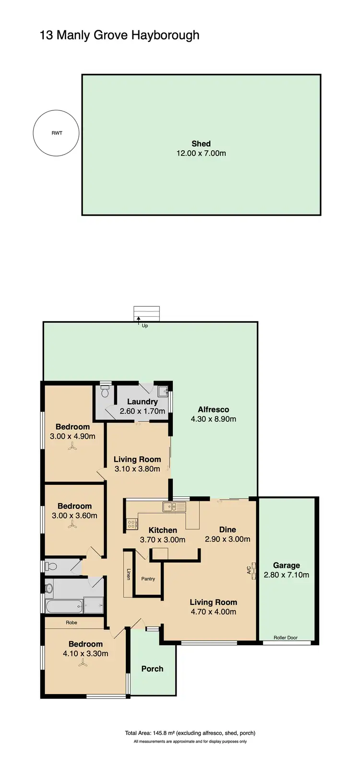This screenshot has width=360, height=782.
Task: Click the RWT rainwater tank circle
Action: pos(56,133)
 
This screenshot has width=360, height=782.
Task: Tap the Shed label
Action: pos(201,144)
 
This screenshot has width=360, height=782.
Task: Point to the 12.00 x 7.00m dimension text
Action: pos(201,154)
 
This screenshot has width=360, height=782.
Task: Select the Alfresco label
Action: pos(213,409)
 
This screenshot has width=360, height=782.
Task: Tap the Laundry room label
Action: pos(142,402)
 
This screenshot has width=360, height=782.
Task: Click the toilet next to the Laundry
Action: pos(106,392)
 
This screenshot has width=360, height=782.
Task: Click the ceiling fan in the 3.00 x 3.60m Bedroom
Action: pos(72,526)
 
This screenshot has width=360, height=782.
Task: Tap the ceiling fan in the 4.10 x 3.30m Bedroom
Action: pos(83,664)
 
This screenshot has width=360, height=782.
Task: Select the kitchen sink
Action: pos(174,506)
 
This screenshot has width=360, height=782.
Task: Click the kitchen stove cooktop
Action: pos(132,524)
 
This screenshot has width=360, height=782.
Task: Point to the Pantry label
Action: pos(148,579)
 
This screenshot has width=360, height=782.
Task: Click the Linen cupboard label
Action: pos(128,574)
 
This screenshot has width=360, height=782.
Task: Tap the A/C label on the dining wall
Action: pos(249,570)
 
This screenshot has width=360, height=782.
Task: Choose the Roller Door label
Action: pos(286,638)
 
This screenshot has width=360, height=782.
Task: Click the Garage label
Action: pos(286,565)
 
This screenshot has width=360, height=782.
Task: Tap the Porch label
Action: pos(152,669)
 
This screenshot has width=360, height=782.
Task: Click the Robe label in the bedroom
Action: pos(72,623)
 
